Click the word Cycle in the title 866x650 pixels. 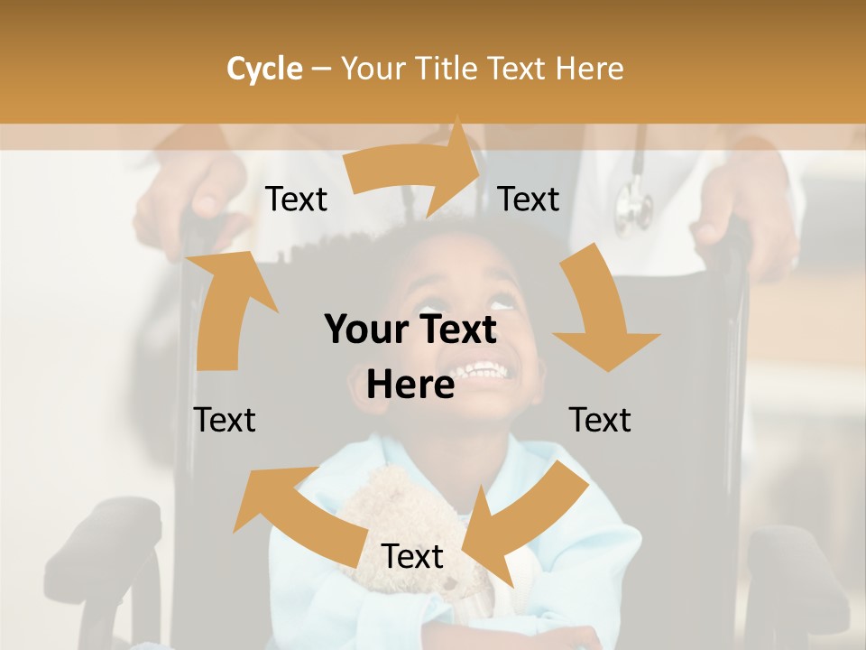click(x=264, y=69)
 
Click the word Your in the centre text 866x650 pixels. click(x=366, y=330)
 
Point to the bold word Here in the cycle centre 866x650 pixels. click(x=410, y=385)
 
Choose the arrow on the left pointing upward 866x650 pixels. click(x=226, y=307)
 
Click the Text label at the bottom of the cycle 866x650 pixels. click(x=412, y=557)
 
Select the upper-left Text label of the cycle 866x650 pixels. click(x=296, y=200)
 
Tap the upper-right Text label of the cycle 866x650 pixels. click(x=529, y=200)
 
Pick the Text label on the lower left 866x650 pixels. click(x=225, y=420)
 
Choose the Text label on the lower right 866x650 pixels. click(x=600, y=420)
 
